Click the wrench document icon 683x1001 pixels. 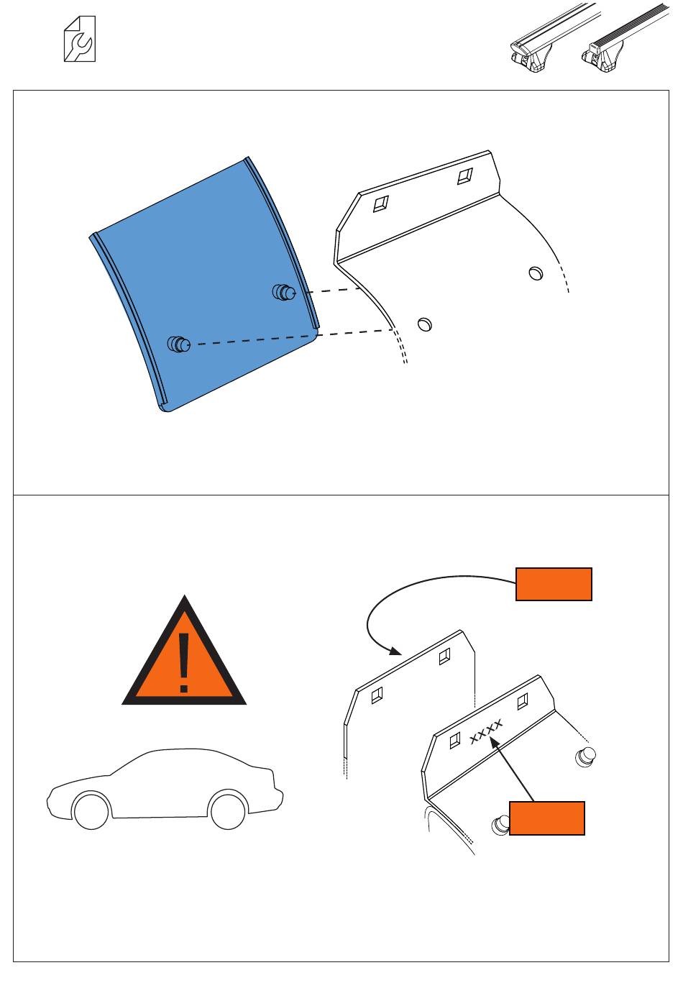tap(80, 39)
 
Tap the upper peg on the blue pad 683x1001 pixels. tap(284, 292)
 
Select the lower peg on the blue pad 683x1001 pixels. tap(179, 344)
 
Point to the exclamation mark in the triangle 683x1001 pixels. tap(184, 663)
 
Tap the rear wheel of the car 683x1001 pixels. tap(228, 810)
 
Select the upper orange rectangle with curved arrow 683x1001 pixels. tap(554, 584)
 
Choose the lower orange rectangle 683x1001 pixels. tap(546, 818)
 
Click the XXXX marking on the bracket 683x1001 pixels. tap(487, 731)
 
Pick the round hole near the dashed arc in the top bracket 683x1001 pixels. tap(536, 273)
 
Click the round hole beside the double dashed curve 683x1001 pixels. tap(425, 324)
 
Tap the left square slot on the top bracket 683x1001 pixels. tap(380, 204)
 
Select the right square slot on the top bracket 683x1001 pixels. tap(465, 176)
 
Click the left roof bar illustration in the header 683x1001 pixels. tap(554, 38)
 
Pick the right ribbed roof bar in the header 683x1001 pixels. tap(625, 38)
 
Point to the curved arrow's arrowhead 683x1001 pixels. tap(395, 651)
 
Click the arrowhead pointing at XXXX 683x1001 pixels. tap(495, 743)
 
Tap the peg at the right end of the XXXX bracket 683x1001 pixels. tap(586, 757)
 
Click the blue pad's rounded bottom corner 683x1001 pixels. tap(166, 408)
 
